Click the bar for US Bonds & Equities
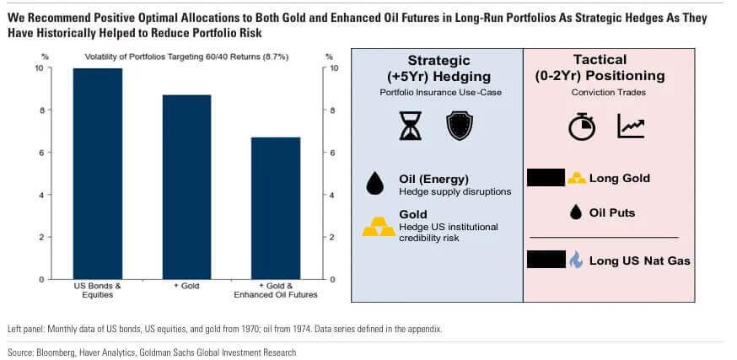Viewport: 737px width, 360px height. pos(97,174)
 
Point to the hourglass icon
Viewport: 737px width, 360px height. pos(411,126)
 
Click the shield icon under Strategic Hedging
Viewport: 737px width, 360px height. pos(458,126)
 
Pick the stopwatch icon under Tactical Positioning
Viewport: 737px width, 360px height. pos(582,126)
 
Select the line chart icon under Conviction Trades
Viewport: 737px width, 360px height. pos(631,126)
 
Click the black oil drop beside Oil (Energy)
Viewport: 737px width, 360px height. pos(375,184)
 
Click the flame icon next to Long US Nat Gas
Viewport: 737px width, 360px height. pos(576,261)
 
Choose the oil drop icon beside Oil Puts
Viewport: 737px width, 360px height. pos(576,212)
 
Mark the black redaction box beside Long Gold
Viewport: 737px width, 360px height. pos(545,178)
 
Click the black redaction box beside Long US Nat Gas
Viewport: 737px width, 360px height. pos(545,261)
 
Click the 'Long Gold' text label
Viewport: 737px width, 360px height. pos(619,178)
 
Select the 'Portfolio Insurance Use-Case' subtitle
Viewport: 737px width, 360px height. pos(438,92)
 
